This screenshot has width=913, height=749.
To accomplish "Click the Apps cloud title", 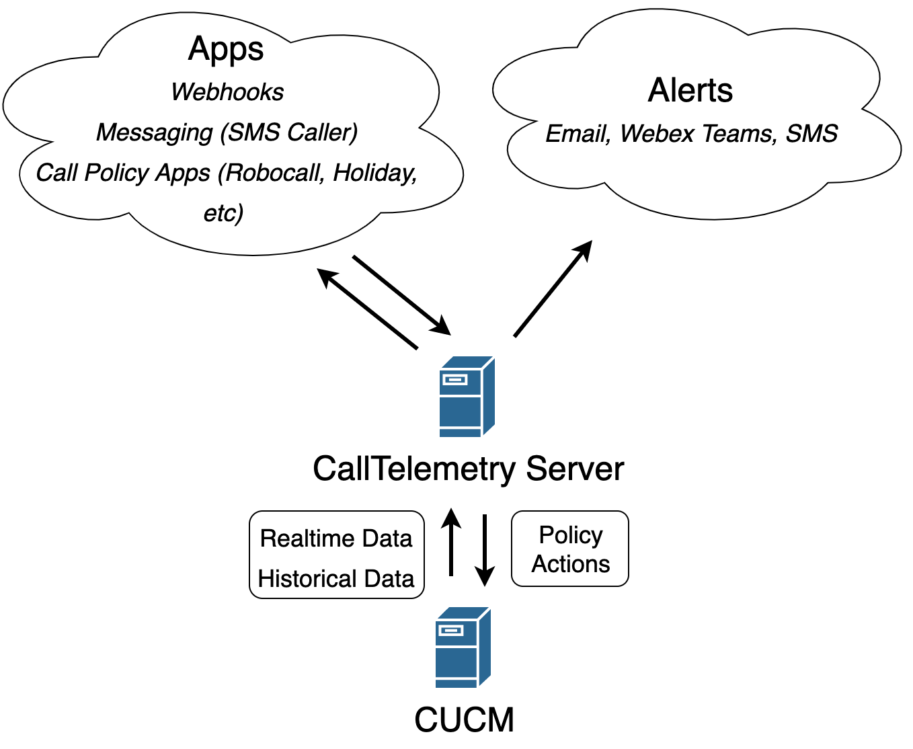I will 226,49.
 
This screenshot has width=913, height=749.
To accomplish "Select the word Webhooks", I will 227,92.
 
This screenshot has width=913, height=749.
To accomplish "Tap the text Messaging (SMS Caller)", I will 227,132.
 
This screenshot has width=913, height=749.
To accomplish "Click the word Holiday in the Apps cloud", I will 374,173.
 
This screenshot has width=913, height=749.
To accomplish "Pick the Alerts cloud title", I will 690,91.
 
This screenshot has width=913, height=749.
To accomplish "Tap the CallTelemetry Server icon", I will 467,397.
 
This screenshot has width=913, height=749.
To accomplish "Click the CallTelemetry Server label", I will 468,469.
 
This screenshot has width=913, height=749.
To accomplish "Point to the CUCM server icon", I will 463,647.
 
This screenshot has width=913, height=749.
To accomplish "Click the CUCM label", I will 464,720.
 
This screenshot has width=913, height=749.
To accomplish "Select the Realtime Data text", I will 336,539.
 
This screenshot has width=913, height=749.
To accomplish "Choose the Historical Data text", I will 336,579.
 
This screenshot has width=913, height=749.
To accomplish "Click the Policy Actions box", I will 570,549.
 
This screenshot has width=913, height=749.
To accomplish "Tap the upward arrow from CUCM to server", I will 451,543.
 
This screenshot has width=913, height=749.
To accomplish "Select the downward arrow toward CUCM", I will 484,550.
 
